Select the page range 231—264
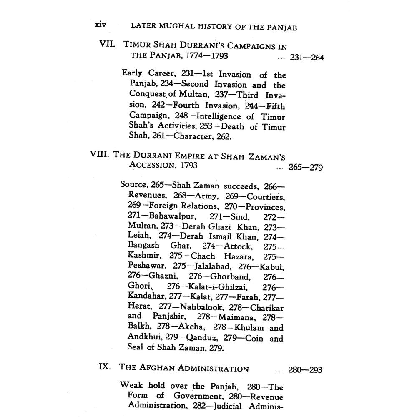(307, 58)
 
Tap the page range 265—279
(305, 168)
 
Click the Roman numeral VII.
(107, 44)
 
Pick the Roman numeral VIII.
(99, 154)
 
